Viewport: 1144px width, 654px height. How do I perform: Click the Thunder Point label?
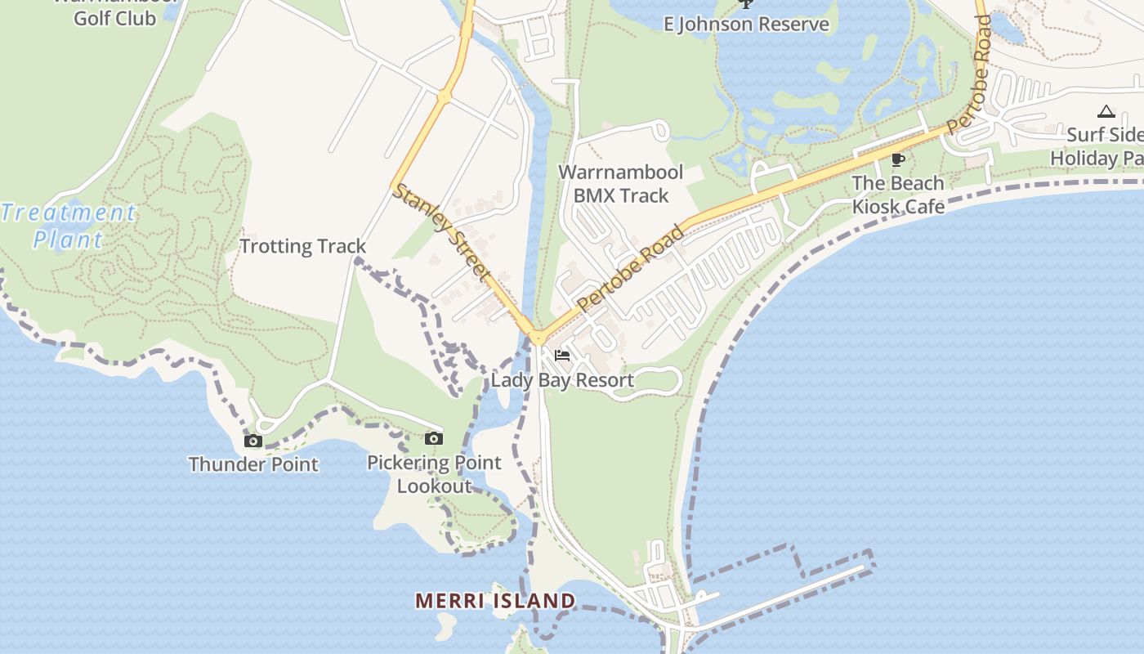pos(253,464)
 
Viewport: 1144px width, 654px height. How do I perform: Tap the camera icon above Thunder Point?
pos(253,441)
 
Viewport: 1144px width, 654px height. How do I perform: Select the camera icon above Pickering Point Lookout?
pos(434,439)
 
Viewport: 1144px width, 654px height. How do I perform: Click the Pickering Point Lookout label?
pos(434,474)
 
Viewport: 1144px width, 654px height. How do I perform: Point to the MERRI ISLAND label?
pos(495,601)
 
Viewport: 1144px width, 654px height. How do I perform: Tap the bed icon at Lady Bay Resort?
pos(561,356)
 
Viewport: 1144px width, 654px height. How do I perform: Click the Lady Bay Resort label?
pos(562,380)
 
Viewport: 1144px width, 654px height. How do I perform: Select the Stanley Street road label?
pos(443,231)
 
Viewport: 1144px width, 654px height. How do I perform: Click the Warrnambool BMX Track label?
pos(621,184)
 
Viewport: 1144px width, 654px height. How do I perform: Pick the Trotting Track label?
pos(303,246)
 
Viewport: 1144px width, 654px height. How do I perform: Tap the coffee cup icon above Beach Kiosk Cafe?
pos(898,159)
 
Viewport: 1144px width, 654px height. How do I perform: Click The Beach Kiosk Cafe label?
pos(898,195)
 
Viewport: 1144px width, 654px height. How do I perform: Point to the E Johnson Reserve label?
pos(746,24)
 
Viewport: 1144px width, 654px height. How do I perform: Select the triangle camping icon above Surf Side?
pos(1106,111)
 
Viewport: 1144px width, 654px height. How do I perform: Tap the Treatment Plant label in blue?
pos(69,226)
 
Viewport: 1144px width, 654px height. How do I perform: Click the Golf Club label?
pos(115,16)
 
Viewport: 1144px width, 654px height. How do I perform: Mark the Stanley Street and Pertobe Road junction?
pos(538,337)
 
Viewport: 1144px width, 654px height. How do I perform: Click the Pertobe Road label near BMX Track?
pos(630,268)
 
